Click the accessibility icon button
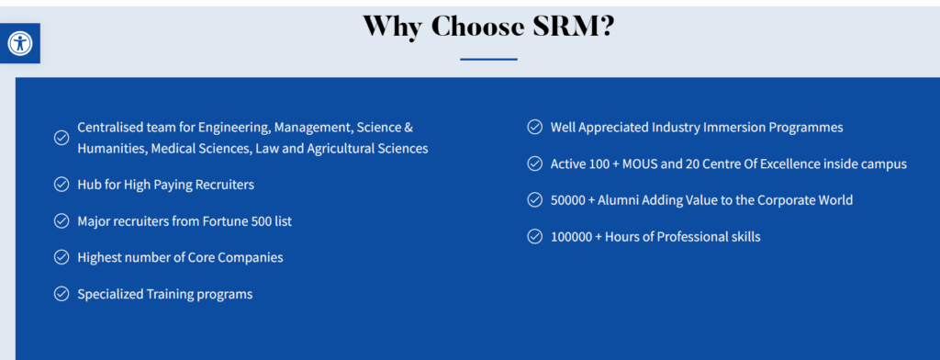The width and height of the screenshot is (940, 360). point(20,43)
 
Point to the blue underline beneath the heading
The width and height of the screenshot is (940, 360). point(488,60)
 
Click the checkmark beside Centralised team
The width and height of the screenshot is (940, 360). point(62,138)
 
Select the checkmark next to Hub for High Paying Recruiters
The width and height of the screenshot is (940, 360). point(62,185)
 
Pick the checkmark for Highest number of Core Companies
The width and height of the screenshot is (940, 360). point(62,257)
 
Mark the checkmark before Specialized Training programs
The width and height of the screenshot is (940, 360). point(62,294)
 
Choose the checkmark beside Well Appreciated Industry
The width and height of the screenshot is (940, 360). point(534,128)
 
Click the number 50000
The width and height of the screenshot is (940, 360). point(571,200)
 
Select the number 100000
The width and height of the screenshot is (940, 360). point(575,237)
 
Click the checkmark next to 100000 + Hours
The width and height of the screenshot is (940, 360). point(534,237)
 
